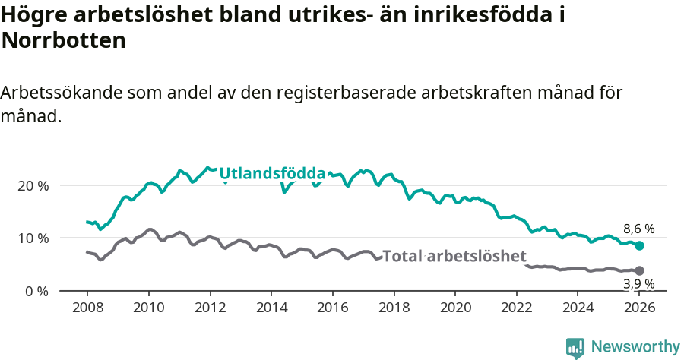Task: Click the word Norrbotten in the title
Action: tap(64, 41)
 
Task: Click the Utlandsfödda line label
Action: tap(272, 174)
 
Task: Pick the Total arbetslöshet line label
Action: tap(454, 256)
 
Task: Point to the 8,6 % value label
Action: tap(639, 229)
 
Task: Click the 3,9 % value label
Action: tap(639, 284)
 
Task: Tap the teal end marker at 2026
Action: tap(640, 245)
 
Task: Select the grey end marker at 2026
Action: tap(640, 270)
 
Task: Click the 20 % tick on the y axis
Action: tap(33, 185)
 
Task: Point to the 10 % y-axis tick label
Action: tap(33, 238)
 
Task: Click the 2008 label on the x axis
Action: tap(87, 308)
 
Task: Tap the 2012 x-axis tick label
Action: tap(210, 308)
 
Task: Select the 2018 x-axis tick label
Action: tap(394, 308)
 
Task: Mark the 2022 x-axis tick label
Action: tap(517, 308)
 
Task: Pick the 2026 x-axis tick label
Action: tap(640, 308)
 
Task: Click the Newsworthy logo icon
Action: tap(575, 347)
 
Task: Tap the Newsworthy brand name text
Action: tap(635, 347)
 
